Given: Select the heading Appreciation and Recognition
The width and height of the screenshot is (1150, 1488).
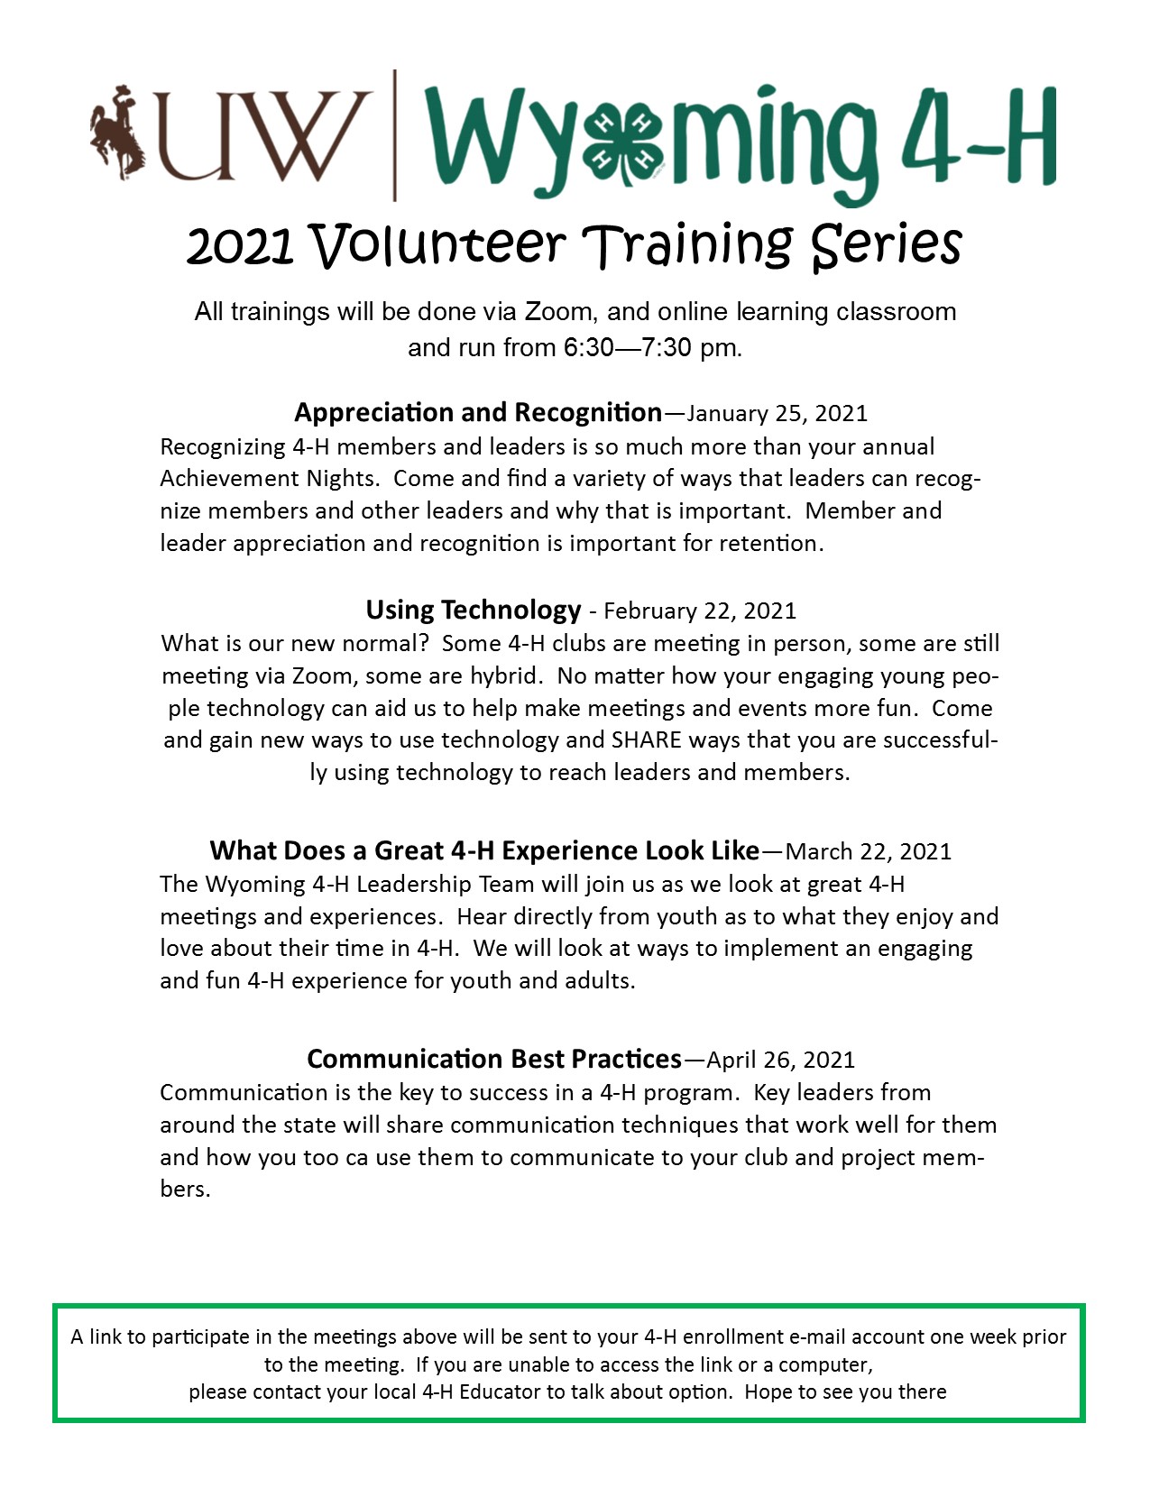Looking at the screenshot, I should [x=478, y=413].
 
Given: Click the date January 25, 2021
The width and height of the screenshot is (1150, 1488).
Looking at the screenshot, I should [x=777, y=414].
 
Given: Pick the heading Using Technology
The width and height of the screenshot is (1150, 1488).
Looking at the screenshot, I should [x=473, y=611].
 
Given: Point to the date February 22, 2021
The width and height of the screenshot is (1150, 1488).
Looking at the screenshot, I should [x=700, y=611].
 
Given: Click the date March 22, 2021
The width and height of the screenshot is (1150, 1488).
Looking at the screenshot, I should [x=869, y=852].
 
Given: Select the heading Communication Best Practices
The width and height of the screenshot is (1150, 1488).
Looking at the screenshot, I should [x=494, y=1059].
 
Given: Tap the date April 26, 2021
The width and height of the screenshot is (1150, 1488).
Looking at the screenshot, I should [x=780, y=1060].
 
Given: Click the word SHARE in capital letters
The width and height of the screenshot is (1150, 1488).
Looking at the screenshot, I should [x=646, y=740].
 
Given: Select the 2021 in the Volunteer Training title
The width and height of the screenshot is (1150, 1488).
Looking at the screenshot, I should [x=240, y=246].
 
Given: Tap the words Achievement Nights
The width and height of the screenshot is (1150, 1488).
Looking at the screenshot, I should [x=269, y=479].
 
